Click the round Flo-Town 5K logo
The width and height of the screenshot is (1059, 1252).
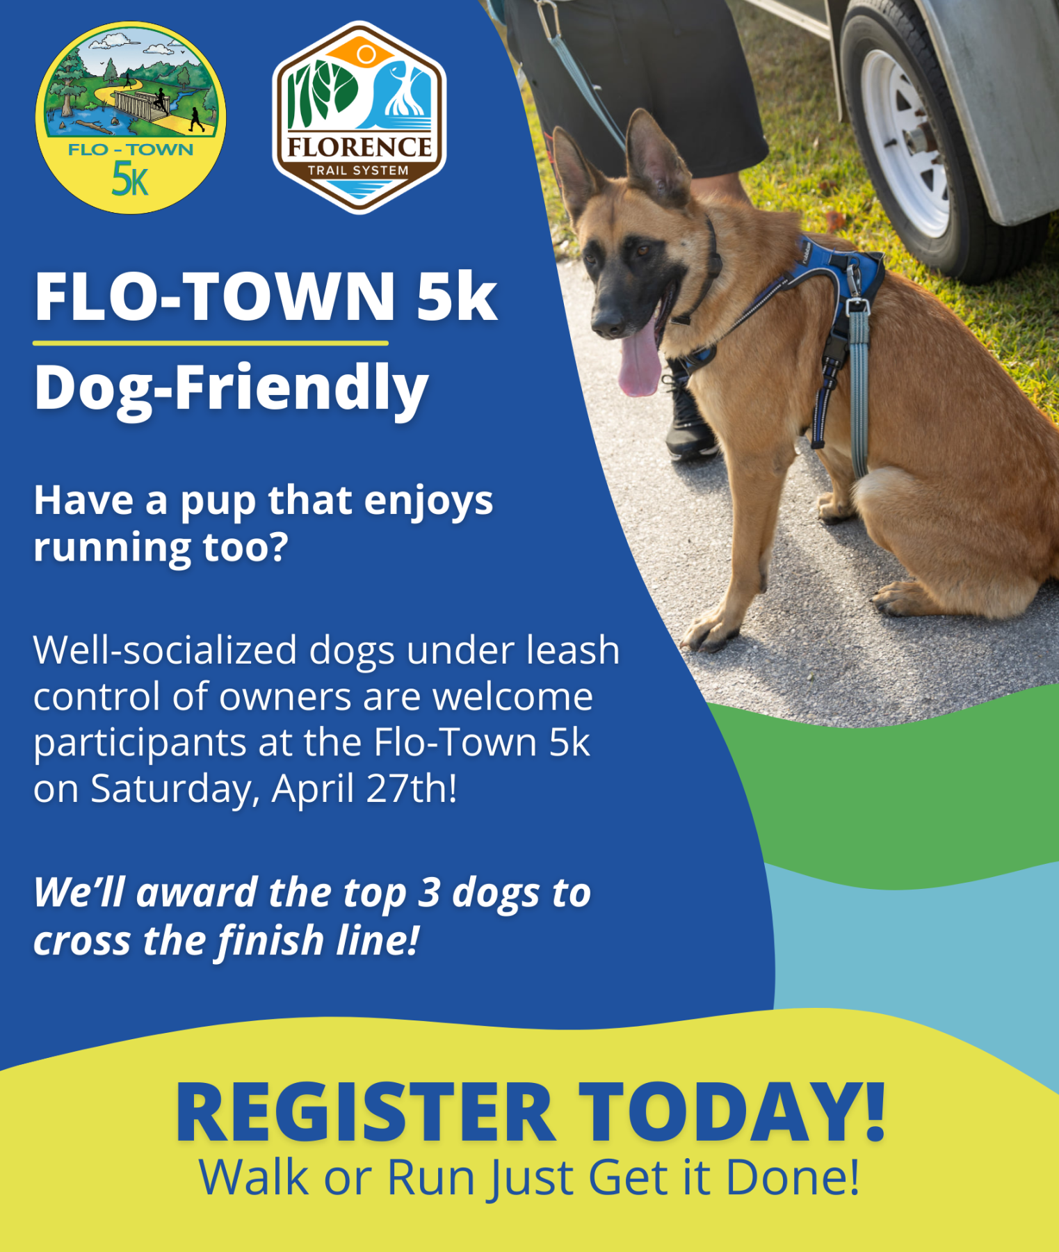tap(131, 118)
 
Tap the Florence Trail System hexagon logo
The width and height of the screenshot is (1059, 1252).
tap(359, 117)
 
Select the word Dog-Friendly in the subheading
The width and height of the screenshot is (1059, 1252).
tap(231, 388)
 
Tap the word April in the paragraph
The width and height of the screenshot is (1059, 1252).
tap(313, 790)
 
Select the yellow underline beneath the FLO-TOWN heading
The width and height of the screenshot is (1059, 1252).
tap(210, 343)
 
